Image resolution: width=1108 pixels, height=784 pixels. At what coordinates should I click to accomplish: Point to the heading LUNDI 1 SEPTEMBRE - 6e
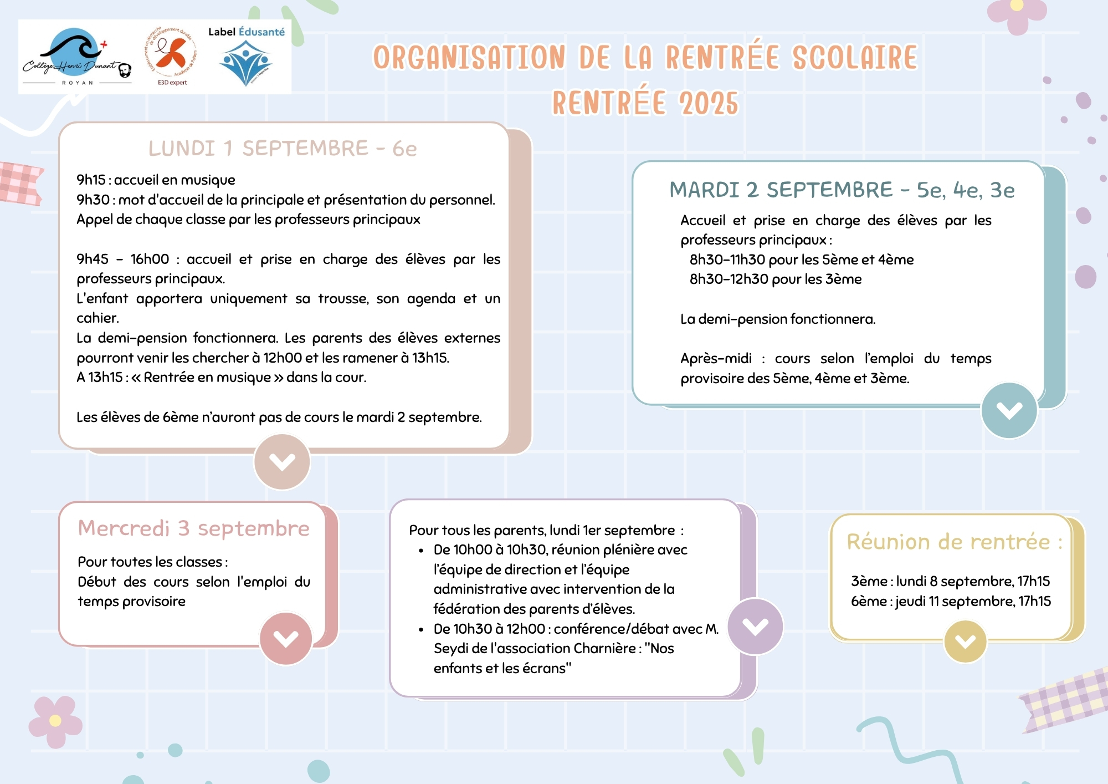[283, 149]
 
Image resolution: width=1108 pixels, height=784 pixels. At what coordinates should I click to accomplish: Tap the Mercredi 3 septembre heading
[193, 528]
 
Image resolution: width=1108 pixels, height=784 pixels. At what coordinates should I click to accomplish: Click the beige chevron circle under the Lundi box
[282, 461]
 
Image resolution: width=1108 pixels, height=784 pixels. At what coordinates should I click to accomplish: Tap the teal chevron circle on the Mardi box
[1009, 410]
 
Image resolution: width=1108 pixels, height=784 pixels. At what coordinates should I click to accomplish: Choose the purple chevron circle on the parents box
[755, 627]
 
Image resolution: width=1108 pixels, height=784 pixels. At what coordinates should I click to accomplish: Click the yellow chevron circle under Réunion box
[965, 642]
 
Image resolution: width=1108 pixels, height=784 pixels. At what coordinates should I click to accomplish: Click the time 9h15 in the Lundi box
[91, 180]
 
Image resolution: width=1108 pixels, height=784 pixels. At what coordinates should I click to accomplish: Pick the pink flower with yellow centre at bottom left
[55, 721]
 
